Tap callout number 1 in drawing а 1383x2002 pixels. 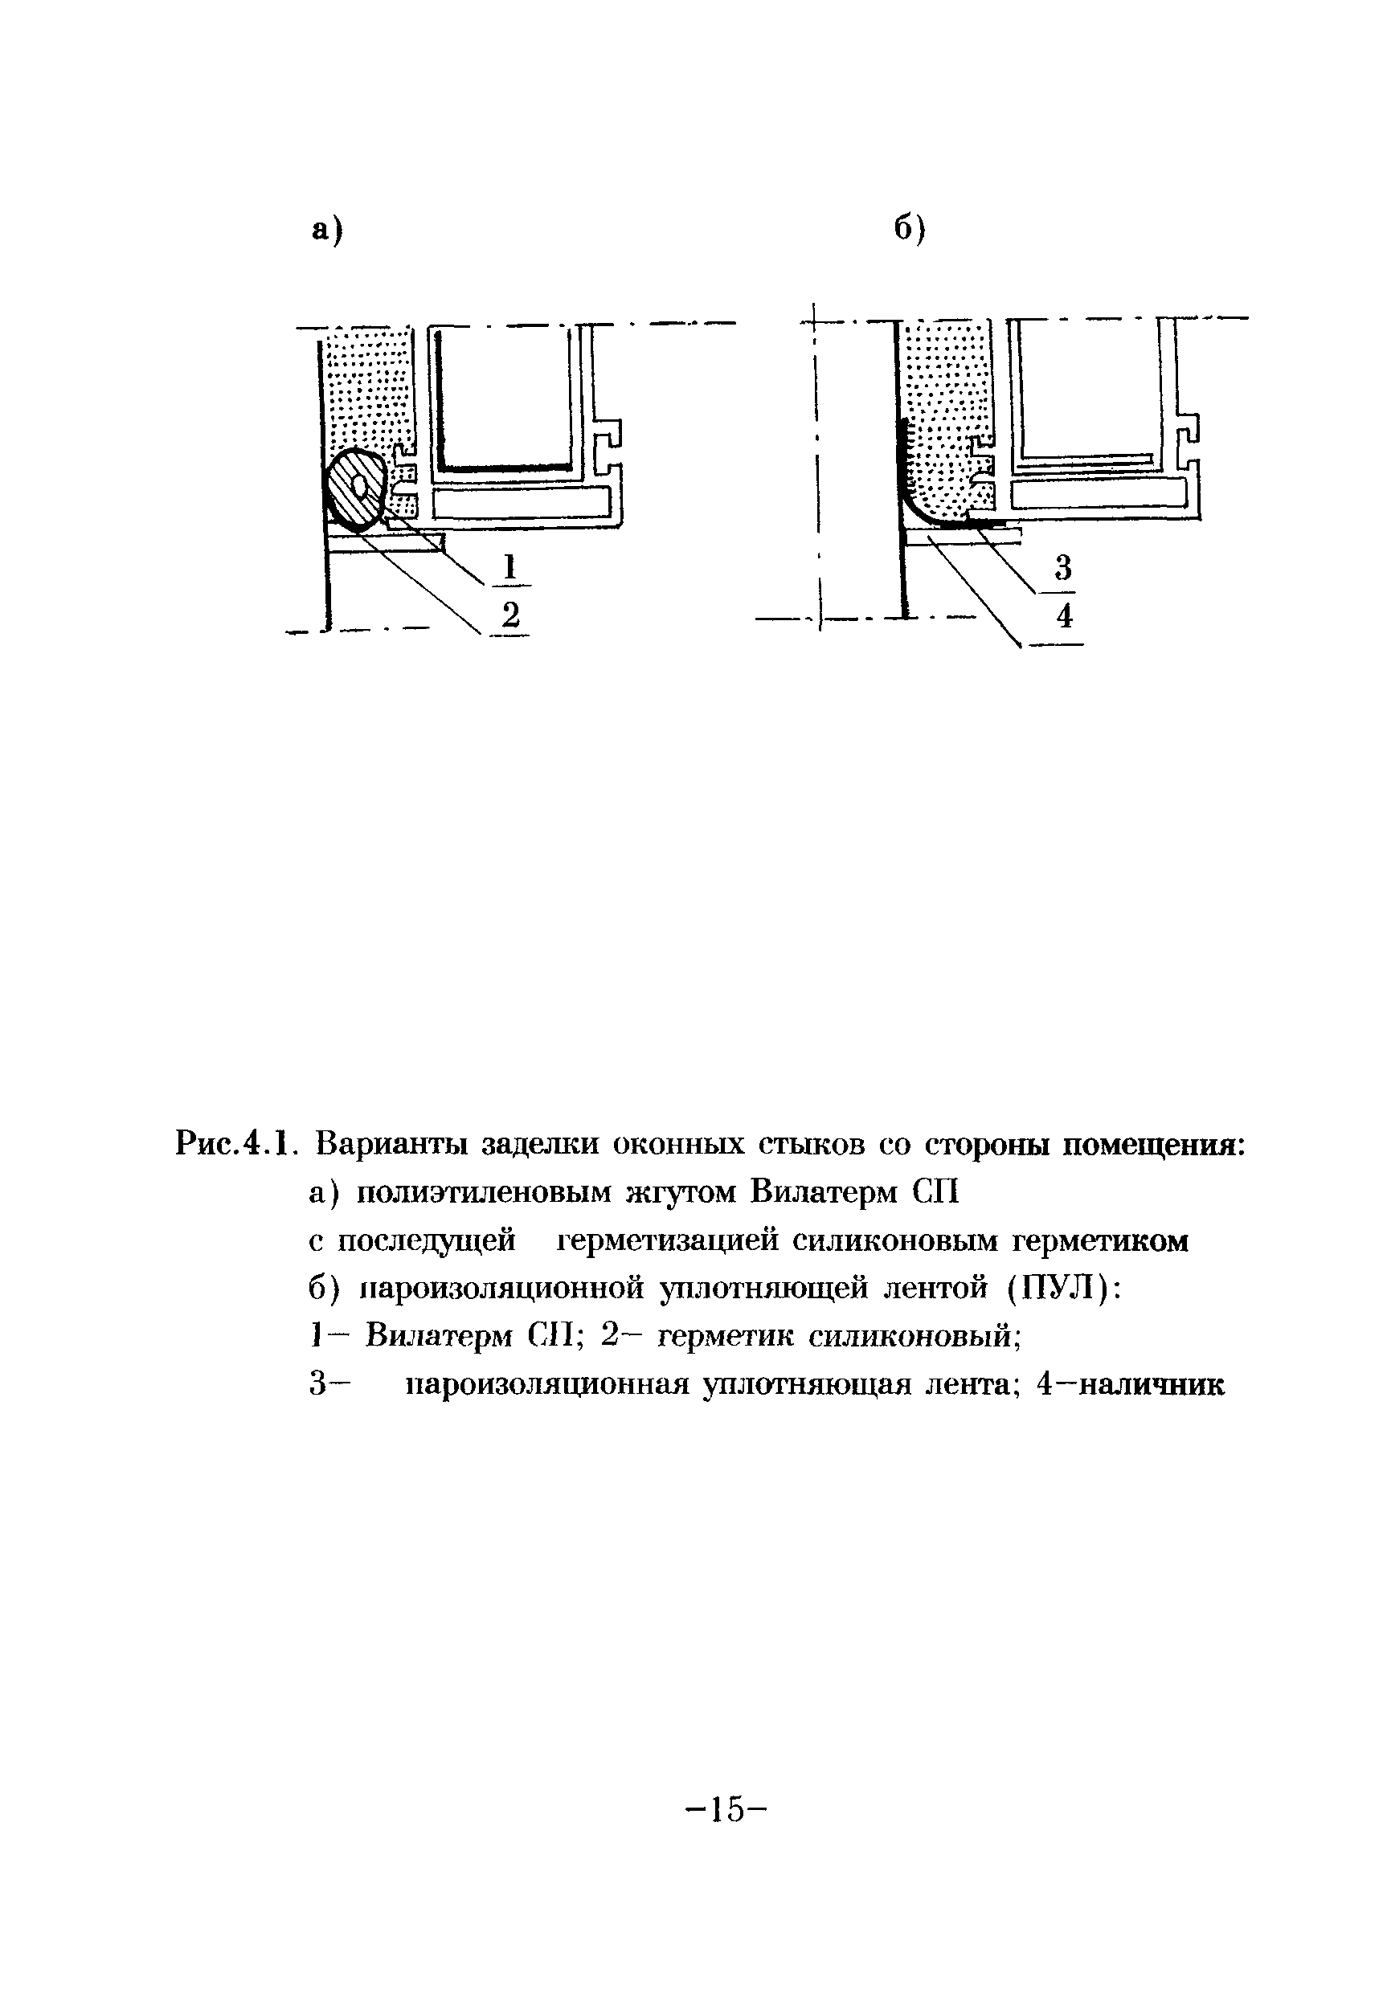point(510,567)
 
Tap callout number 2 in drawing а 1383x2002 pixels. point(510,616)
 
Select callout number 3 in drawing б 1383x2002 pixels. point(1063,567)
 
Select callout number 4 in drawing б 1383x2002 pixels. point(1065,617)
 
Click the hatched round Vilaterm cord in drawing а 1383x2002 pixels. point(355,490)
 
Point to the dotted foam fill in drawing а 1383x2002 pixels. point(373,390)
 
